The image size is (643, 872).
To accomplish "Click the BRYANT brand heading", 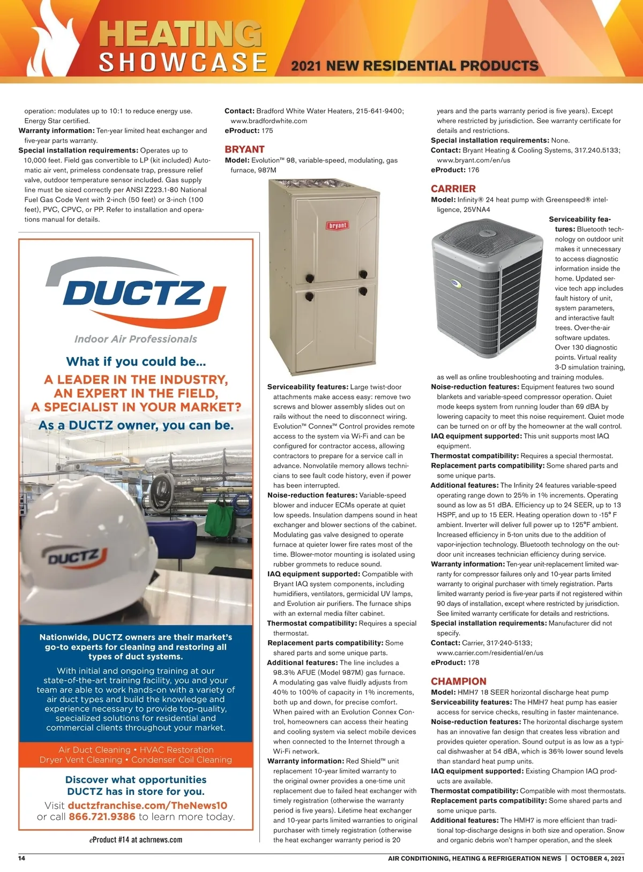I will (x=244, y=149).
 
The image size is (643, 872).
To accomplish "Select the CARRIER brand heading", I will (x=453, y=189).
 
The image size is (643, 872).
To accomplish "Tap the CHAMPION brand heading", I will (x=458, y=681).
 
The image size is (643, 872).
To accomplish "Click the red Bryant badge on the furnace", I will (x=338, y=225).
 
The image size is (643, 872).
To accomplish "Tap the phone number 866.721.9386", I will (x=101, y=817).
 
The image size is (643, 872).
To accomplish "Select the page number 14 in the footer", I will (x=22, y=858).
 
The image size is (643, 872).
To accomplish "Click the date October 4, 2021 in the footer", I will (x=597, y=858).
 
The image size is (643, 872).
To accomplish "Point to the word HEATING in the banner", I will (x=180, y=35).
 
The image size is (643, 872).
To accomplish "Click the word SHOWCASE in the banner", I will (x=183, y=62).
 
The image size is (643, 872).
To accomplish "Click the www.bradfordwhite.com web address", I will (x=268, y=121).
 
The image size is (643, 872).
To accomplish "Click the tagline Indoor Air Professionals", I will (x=136, y=339).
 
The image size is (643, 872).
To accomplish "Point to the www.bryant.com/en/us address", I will (x=473, y=160).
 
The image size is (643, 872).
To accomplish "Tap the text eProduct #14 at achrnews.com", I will (x=136, y=840).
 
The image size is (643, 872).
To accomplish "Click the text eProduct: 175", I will (x=249, y=131).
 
